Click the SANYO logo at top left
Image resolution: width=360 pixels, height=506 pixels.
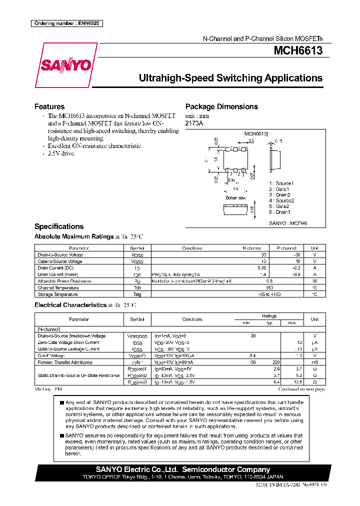[x=65, y=65]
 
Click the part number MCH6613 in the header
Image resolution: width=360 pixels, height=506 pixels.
[x=297, y=50]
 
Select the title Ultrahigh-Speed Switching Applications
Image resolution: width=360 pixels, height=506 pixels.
[x=230, y=78]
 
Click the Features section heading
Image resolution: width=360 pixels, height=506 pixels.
[x=49, y=106]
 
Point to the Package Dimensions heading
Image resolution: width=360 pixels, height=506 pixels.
[x=221, y=106]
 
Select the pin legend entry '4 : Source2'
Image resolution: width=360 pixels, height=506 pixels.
[x=281, y=200]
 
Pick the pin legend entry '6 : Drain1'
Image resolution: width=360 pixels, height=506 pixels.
[x=279, y=212]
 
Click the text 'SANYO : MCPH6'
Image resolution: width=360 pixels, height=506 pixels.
[x=288, y=223]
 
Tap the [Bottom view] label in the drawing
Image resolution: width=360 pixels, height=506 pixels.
[x=235, y=198]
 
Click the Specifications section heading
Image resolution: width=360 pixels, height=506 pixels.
[x=59, y=226]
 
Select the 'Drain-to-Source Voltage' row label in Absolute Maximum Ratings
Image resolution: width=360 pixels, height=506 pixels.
[x=60, y=254]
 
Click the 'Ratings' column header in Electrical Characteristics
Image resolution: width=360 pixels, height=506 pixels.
[x=269, y=316]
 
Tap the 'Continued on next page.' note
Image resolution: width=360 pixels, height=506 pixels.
[x=301, y=388]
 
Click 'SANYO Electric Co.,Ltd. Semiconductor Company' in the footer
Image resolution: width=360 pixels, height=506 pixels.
[x=183, y=469]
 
